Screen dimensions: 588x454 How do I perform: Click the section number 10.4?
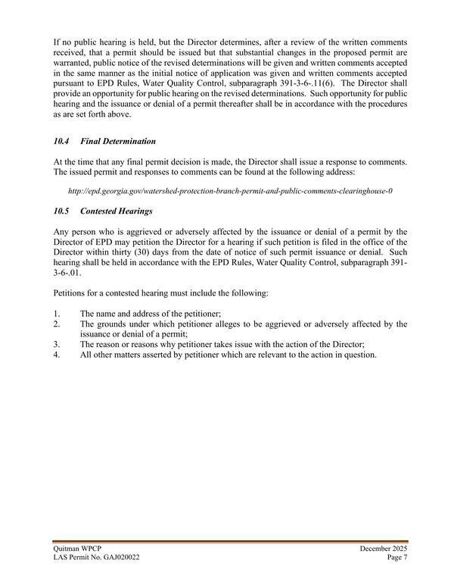pos(61,142)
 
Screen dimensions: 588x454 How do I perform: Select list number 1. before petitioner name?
pos(58,314)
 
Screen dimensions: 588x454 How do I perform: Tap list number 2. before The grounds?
pos(58,324)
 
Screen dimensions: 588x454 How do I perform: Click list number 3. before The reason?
pos(58,344)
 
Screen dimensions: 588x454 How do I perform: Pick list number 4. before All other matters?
pos(58,355)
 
